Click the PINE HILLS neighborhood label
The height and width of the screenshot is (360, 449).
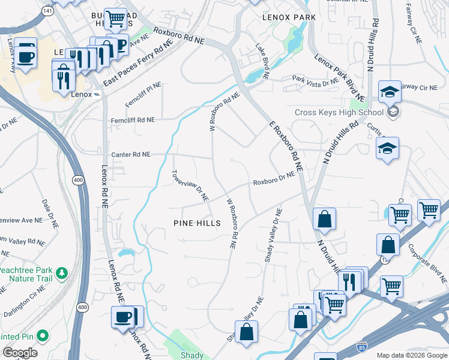(x=197, y=223)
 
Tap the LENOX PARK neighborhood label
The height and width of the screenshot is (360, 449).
(x=289, y=17)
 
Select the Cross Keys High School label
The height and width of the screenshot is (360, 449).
(x=339, y=112)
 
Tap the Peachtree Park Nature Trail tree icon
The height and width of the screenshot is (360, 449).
(x=61, y=275)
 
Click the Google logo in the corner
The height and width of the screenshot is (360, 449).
(x=19, y=353)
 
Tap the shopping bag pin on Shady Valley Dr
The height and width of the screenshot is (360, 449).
(x=246, y=332)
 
